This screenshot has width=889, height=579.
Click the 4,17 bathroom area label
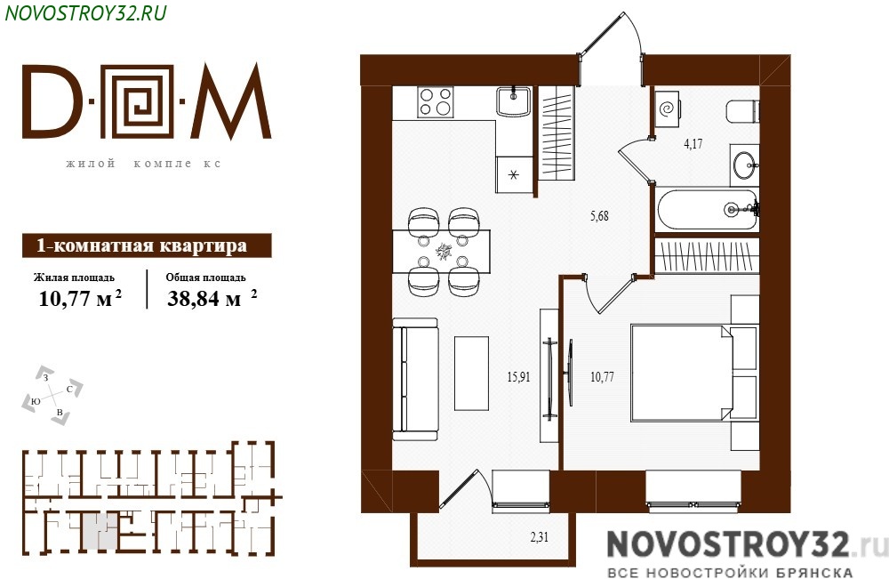(693, 143)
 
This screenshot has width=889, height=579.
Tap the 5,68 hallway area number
(599, 215)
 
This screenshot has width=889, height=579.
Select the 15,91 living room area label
(519, 376)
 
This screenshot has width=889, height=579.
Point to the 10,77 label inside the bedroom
(602, 376)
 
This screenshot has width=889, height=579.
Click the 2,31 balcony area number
(540, 536)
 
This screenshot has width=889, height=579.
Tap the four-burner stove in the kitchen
(436, 102)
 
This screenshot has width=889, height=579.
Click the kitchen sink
(513, 101)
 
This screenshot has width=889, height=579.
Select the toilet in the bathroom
(742, 110)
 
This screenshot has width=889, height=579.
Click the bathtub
(707, 210)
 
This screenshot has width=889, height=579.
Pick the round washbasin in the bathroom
(744, 165)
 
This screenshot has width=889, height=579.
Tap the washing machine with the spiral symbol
(668, 108)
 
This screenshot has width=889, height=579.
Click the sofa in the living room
(415, 380)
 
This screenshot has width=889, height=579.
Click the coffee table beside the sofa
(472, 374)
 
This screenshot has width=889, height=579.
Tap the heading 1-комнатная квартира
(141, 245)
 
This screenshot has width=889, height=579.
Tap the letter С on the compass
(69, 389)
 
